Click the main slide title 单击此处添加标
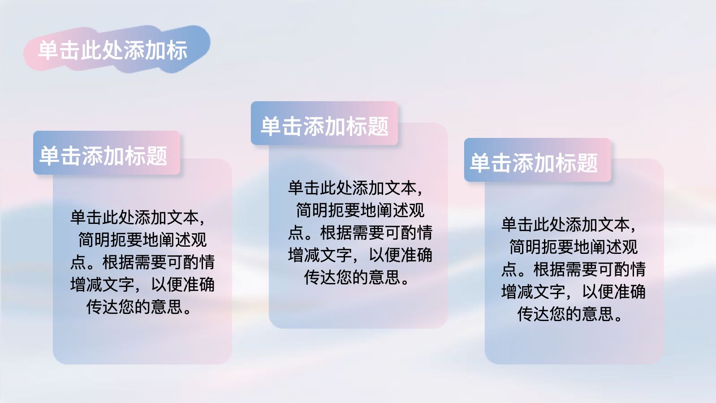[112, 51]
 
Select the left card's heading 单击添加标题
[104, 156]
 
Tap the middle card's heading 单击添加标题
[325, 126]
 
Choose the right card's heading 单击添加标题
[534, 163]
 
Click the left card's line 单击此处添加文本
[138, 218]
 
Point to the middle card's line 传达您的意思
[356, 277]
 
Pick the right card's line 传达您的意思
[570, 314]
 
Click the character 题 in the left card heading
[157, 156]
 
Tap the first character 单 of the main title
[48, 51]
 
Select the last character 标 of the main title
[177, 51]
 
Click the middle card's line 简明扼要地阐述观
[360, 210]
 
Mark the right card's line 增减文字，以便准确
[574, 292]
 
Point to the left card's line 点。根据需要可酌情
[142, 262]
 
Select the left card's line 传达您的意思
[139, 307]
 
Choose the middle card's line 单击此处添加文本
[355, 188]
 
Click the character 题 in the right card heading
[587, 163]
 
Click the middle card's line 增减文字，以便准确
[360, 255]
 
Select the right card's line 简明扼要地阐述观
[574, 247]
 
